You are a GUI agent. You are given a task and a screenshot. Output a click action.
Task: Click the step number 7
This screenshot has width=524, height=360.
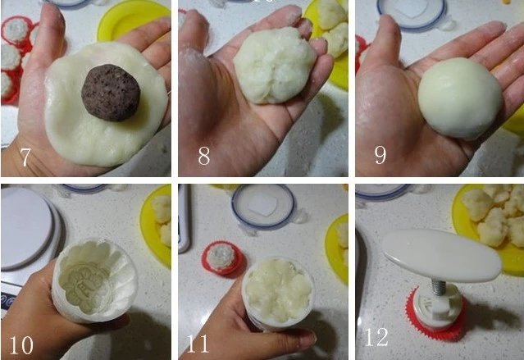pos(25,157)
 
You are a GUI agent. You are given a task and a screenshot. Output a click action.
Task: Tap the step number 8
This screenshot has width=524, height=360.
pos(203,157)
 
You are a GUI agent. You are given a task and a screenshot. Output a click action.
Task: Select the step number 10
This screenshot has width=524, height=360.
pos(21,344)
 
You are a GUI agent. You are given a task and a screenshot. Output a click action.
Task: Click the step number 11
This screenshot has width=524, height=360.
pos(200,344)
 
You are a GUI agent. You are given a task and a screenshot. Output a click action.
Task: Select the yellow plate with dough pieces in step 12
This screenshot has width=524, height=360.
pos(492,216)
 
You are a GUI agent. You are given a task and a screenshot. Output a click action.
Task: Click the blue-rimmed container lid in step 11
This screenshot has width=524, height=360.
pos(262,205)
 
